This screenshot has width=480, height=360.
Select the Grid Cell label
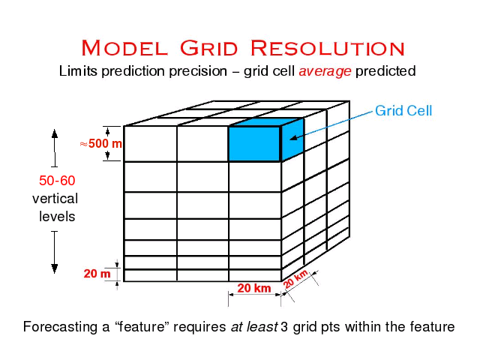403,111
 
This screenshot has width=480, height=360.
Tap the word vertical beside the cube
55,199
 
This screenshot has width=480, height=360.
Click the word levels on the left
57,217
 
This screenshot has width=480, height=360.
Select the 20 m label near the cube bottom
97,274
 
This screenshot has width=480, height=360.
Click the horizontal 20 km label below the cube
253,289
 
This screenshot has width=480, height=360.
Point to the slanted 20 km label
296,278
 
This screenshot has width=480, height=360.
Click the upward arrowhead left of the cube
55,136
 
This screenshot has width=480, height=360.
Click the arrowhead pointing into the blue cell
292,137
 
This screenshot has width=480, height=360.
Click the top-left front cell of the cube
150,143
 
